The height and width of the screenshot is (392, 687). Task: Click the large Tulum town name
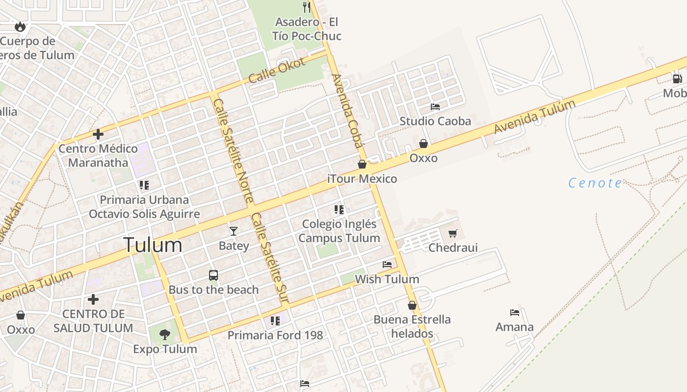[x=153, y=245]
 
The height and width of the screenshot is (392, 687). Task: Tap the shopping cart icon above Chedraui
[x=452, y=233]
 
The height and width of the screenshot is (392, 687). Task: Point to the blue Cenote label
[x=595, y=183]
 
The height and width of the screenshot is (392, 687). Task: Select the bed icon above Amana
[x=514, y=312]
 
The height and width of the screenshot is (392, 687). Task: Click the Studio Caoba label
[x=435, y=121]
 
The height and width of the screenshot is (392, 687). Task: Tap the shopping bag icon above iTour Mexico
[x=362, y=164]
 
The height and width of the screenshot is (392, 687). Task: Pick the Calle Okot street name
[x=277, y=70]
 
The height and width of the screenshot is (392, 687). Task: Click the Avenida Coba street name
[x=347, y=110]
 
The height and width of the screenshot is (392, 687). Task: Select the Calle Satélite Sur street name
[x=269, y=258]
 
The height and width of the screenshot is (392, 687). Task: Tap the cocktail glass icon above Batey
[x=234, y=231]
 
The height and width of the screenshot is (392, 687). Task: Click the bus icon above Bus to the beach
[x=213, y=275]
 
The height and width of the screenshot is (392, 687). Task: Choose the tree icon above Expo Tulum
[x=165, y=335]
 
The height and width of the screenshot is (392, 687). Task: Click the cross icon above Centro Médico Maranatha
[x=98, y=134]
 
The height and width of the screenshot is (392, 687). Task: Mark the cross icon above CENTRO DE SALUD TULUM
[x=93, y=299]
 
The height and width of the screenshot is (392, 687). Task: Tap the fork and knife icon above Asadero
[x=307, y=7]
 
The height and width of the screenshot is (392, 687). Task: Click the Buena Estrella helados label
[x=412, y=327]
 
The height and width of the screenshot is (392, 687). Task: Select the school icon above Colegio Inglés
[x=339, y=210]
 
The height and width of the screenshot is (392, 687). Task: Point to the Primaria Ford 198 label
[x=275, y=335]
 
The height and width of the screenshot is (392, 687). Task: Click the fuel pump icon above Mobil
[x=677, y=78]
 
